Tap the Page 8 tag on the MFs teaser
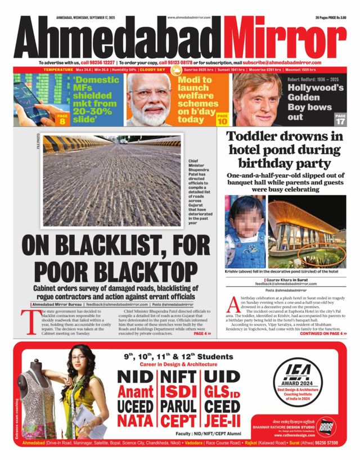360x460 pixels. [62, 118]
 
